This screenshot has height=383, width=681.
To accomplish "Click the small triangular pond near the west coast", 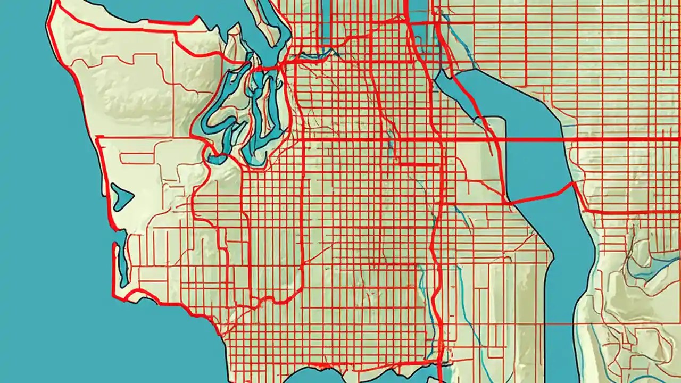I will coord(121,197).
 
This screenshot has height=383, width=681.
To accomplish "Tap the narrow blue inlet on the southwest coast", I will coord(122,266).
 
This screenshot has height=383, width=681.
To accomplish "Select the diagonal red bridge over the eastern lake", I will coord(540,195).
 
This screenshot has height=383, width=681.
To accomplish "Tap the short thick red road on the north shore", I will coord(170,22).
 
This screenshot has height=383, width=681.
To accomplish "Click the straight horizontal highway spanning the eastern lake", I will coord(532,139).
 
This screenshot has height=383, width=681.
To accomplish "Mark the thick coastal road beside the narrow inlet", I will coord(113,266).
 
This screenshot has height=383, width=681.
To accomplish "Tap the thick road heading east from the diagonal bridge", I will coord(628,212).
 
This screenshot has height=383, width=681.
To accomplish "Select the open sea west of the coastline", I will coord(43,213).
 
